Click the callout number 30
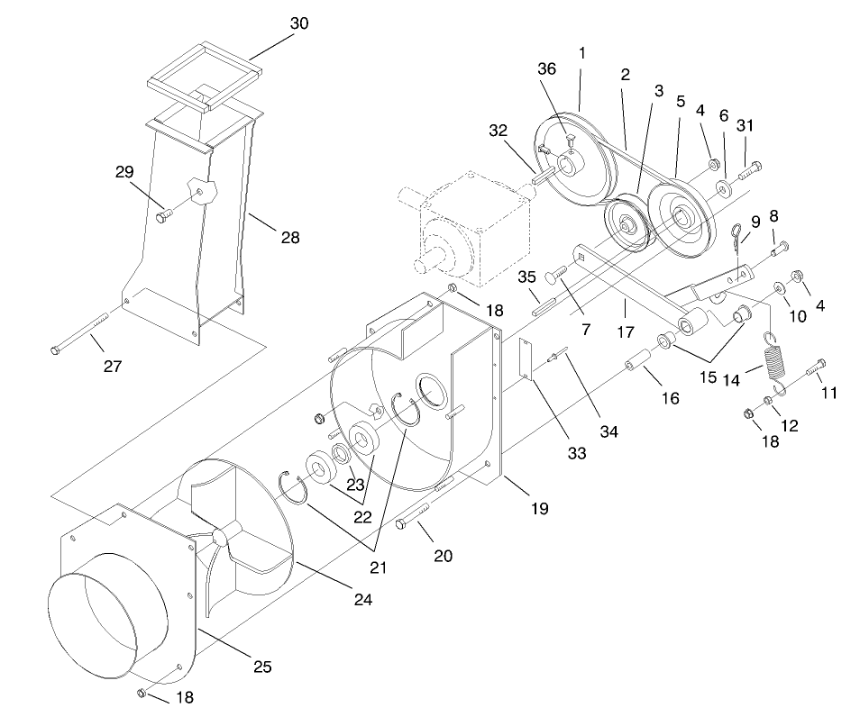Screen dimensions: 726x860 pyautogui.click(x=298, y=23)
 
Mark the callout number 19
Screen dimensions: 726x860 pyautogui.click(x=538, y=509)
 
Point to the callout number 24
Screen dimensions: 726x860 pyautogui.click(x=362, y=598)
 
